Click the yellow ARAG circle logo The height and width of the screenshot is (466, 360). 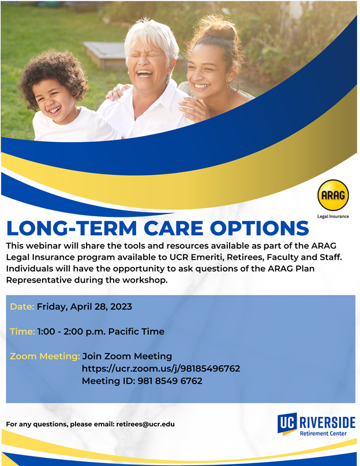[x=333, y=195]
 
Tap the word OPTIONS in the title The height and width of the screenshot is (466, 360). [x=259, y=228]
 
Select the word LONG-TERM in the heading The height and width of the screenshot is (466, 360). [x=72, y=228]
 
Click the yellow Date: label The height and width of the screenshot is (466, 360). [x=22, y=306]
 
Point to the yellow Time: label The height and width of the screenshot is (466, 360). [x=22, y=332]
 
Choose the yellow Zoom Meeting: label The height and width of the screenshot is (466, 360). [x=45, y=356]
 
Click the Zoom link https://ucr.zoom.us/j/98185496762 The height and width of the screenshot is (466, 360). [x=161, y=369]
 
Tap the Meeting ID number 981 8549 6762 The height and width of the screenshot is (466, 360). [x=170, y=381]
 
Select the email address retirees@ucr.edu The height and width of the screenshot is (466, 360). [x=145, y=424]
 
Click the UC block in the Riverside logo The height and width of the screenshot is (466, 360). [x=287, y=423]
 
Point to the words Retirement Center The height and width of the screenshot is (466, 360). [x=323, y=433]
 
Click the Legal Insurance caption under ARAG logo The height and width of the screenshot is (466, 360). [x=333, y=216]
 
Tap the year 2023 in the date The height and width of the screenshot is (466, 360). [x=121, y=306]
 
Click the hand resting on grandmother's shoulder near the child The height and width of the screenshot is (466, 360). [x=118, y=92]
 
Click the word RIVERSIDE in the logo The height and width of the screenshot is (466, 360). [x=327, y=422]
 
